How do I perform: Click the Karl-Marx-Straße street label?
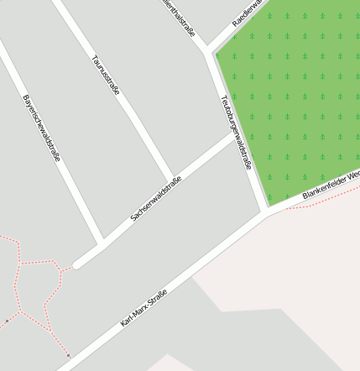[143, 307]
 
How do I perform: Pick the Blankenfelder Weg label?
[331, 185]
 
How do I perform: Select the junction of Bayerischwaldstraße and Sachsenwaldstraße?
[101, 244]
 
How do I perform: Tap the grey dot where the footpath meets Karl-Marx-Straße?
[68, 356]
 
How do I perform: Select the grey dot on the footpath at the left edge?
[8, 321]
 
